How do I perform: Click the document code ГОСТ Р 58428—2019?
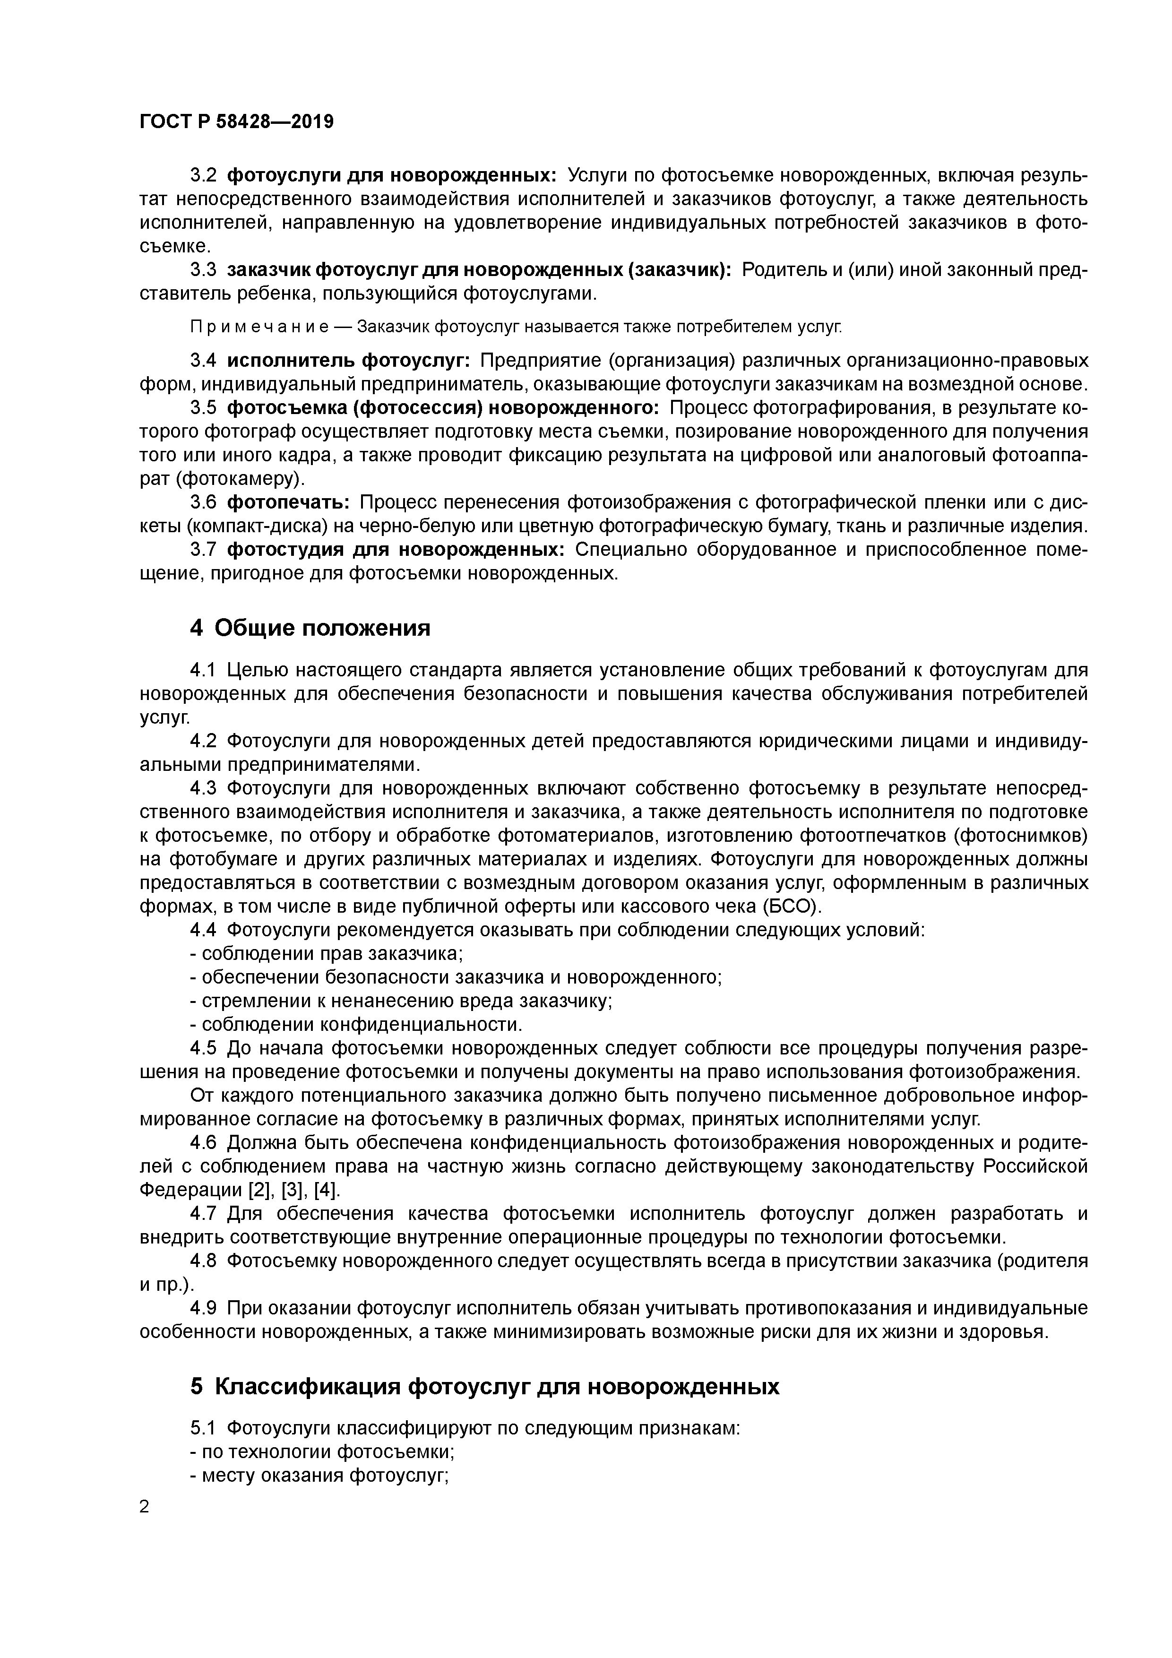236,121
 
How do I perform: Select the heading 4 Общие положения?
310,628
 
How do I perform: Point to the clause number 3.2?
203,175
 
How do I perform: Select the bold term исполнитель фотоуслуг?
349,360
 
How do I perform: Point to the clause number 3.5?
203,408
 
